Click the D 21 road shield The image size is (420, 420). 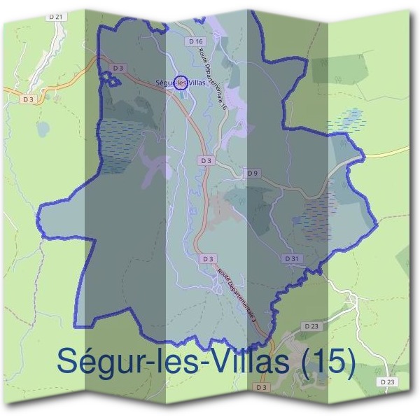[x=57, y=15]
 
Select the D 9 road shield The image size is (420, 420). [x=252, y=172]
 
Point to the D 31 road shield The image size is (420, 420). [x=293, y=258]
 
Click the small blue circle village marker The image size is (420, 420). [x=181, y=83]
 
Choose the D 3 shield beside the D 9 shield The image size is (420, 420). [x=205, y=160]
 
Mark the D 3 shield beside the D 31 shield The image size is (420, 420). [x=206, y=258]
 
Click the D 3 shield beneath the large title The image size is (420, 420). [x=262, y=387]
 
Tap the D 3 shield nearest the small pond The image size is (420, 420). [x=28, y=99]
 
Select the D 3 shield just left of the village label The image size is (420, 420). [x=118, y=68]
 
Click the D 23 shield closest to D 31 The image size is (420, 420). [x=311, y=326]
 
